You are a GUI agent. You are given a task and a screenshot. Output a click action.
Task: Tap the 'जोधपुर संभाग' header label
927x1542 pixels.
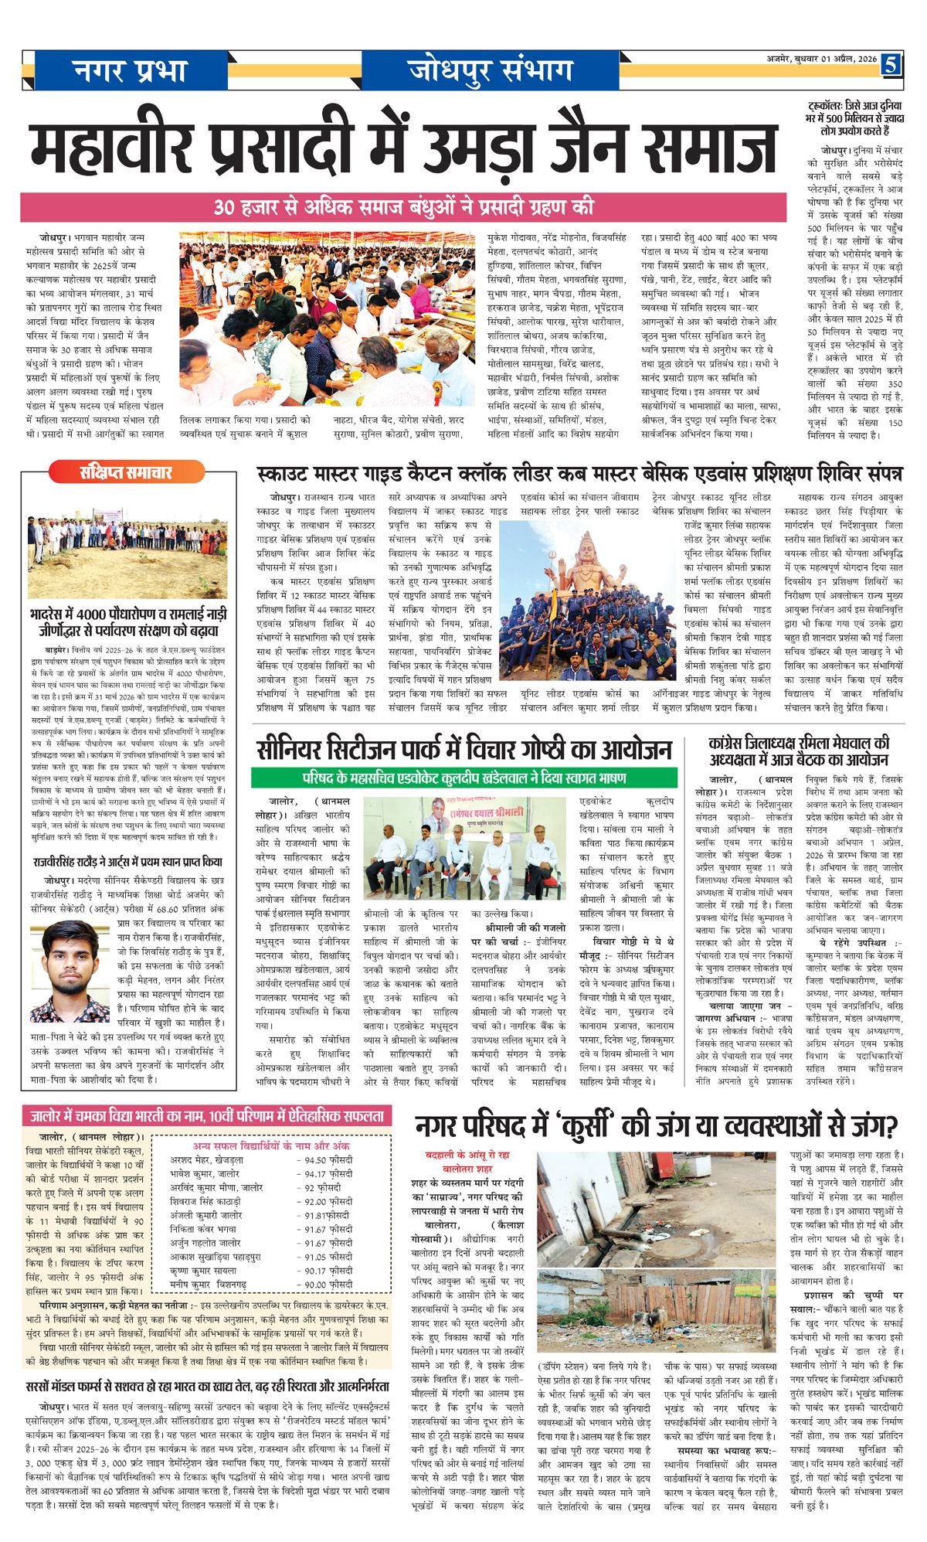coord(492,70)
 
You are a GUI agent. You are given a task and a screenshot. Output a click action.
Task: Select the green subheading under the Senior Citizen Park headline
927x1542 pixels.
coord(463,777)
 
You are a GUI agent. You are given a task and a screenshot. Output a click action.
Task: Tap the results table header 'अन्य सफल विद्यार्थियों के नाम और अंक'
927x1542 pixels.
coord(270,1145)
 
